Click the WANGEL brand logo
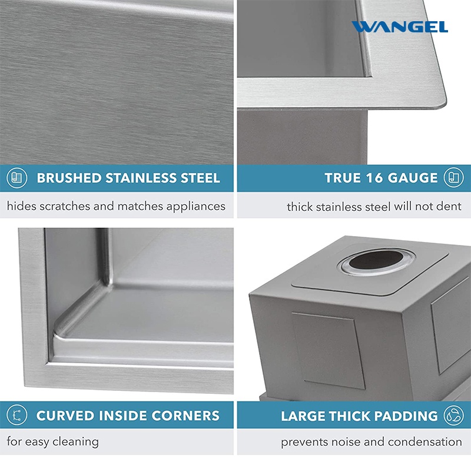tap(400, 26)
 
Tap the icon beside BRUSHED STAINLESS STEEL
tap(17, 178)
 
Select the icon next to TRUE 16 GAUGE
tap(453, 178)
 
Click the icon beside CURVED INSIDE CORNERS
tap(17, 415)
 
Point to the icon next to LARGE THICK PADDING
tap(453, 416)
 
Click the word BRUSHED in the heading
tap(69, 178)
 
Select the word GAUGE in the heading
tap(413, 178)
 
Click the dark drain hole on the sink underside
tap(376, 260)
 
